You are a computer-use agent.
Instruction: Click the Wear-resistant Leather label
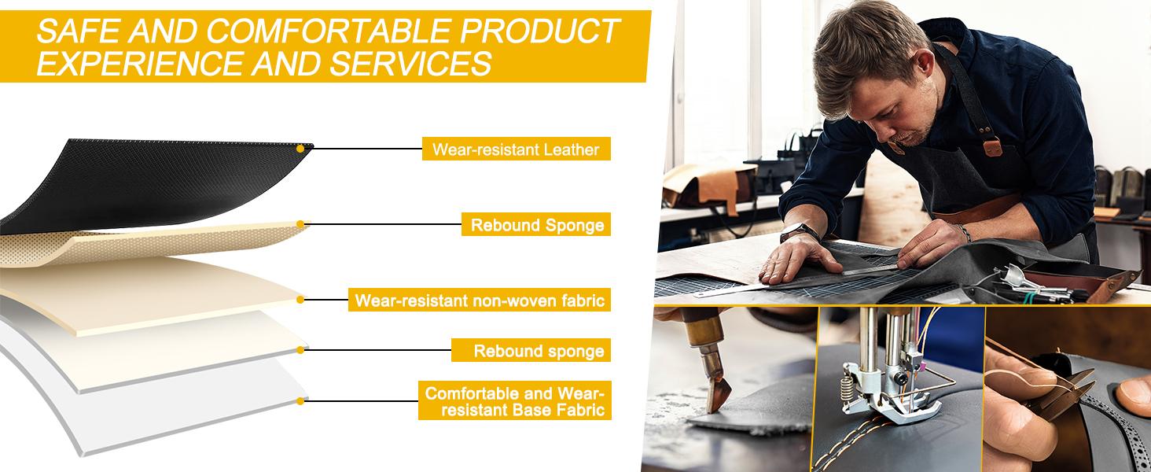pyautogui.click(x=516, y=149)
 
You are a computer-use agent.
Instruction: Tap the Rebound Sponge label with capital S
pyautogui.click(x=536, y=225)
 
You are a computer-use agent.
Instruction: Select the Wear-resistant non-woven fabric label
pyautogui.click(x=480, y=300)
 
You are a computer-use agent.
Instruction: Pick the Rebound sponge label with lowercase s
pyautogui.click(x=531, y=350)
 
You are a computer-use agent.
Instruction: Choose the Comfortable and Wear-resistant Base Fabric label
pyautogui.click(x=515, y=400)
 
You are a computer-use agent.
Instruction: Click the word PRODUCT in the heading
pyautogui.click(x=539, y=31)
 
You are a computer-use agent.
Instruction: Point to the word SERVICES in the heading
pyautogui.click(x=410, y=64)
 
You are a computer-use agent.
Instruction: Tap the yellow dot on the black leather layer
pyautogui.click(x=300, y=149)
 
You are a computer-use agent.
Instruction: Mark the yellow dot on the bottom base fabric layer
pyautogui.click(x=300, y=401)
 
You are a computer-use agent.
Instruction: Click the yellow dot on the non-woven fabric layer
pyautogui.click(x=300, y=300)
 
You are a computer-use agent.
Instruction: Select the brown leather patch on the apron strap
pyautogui.click(x=993, y=148)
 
